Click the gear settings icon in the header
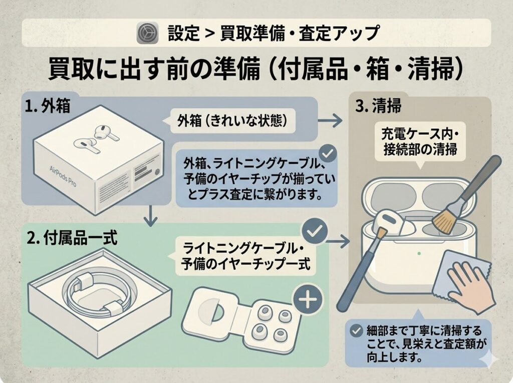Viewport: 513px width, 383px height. [x=148, y=33]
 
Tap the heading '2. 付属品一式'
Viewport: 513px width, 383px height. [x=72, y=238]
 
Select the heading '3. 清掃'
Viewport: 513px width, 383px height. [x=378, y=106]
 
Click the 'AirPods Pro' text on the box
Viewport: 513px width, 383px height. [x=63, y=176]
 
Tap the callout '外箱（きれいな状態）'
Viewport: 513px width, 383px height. [x=232, y=122]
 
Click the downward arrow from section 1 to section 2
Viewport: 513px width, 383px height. [x=150, y=216]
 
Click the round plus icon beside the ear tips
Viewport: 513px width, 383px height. [x=308, y=299]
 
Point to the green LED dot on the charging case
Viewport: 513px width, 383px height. [x=419, y=253]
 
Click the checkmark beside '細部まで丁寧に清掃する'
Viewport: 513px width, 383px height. [x=356, y=331]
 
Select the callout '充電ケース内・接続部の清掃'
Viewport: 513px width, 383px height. [x=420, y=142]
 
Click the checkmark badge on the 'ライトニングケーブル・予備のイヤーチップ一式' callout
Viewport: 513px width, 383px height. [x=315, y=231]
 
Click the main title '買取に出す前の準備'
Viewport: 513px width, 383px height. [x=154, y=69]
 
